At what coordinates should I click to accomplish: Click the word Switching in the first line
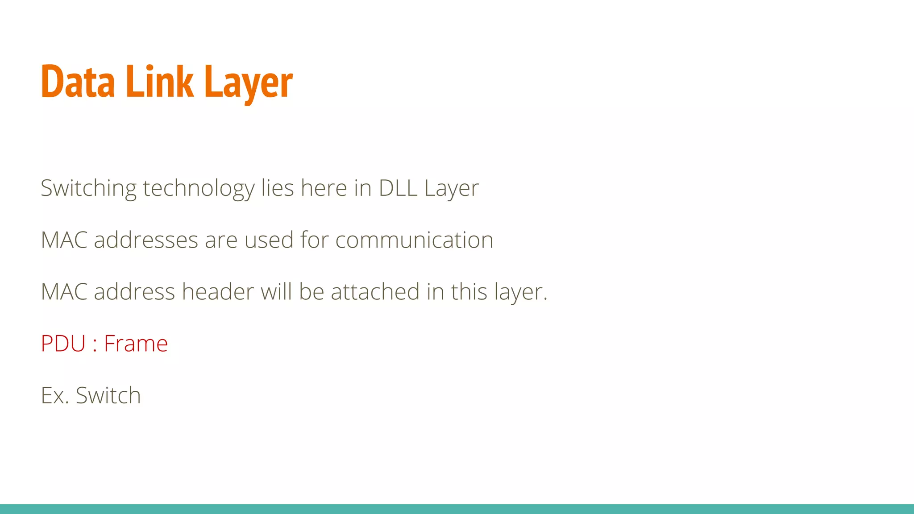(88, 188)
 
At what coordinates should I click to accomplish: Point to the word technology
(199, 188)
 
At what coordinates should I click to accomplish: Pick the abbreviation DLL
(398, 188)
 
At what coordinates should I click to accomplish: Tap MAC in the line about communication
(64, 240)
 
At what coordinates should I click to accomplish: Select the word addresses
(146, 240)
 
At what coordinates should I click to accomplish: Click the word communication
(414, 240)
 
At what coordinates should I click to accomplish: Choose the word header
(218, 292)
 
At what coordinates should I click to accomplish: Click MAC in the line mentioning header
(64, 292)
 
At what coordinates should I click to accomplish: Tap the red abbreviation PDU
(63, 344)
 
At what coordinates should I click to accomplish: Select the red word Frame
(136, 344)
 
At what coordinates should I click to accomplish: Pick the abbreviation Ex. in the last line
(55, 395)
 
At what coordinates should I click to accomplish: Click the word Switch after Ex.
(108, 395)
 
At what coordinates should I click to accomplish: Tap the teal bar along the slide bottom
(457, 509)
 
